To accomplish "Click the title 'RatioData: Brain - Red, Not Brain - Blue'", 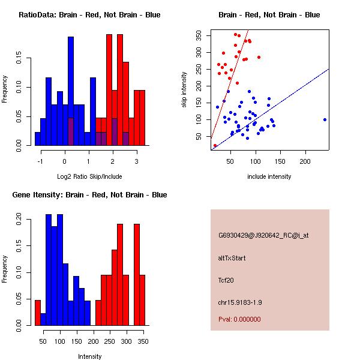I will (x=89, y=15).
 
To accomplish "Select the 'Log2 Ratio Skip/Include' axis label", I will (x=89, y=176).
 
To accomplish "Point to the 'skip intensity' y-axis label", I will (x=185, y=90).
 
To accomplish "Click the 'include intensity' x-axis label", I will (x=269, y=176).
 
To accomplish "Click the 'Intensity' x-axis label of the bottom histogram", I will (x=89, y=356).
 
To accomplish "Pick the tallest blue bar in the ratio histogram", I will (x=71, y=90).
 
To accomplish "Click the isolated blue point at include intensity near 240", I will (x=325, y=119).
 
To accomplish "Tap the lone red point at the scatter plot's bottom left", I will (x=215, y=146).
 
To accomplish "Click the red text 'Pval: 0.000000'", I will (x=239, y=319).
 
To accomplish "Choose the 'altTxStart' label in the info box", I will (x=232, y=258).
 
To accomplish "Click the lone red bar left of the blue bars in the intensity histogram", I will (x=38, y=313).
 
